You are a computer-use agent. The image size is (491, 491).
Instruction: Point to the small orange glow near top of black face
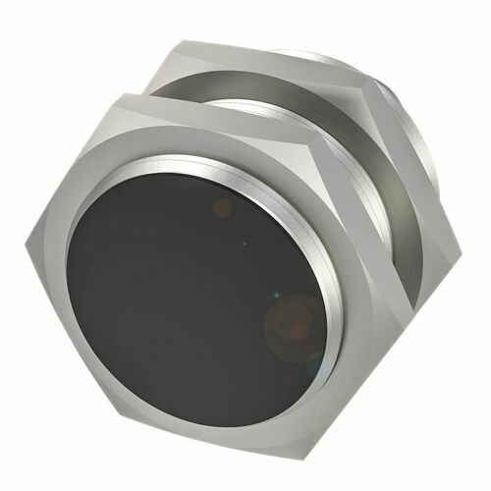(223, 207)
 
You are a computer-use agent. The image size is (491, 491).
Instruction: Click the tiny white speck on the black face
(245, 241)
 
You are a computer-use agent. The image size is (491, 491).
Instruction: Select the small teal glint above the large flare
(276, 294)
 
